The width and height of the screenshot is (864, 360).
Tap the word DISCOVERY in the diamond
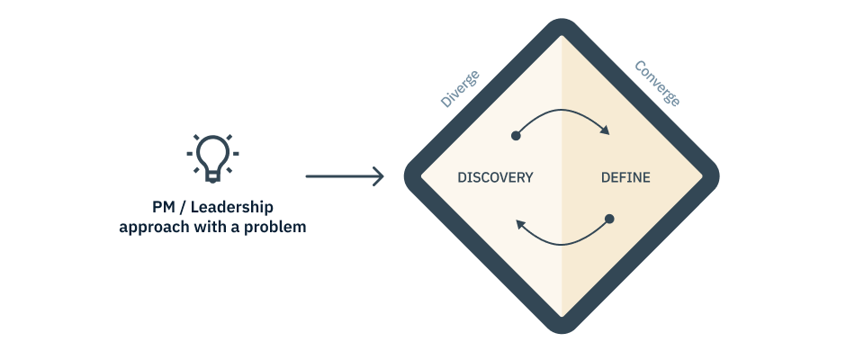[x=495, y=177]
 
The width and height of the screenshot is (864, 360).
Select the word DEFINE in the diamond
[x=625, y=177]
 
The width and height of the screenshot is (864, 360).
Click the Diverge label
[x=460, y=88]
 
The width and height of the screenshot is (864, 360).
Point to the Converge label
[x=658, y=83]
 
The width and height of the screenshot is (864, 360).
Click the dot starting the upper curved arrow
[x=516, y=136]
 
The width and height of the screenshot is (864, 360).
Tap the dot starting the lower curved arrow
[x=609, y=219]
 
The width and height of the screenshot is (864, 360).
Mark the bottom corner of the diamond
[x=562, y=328]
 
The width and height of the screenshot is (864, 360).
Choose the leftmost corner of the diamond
[x=409, y=176]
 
